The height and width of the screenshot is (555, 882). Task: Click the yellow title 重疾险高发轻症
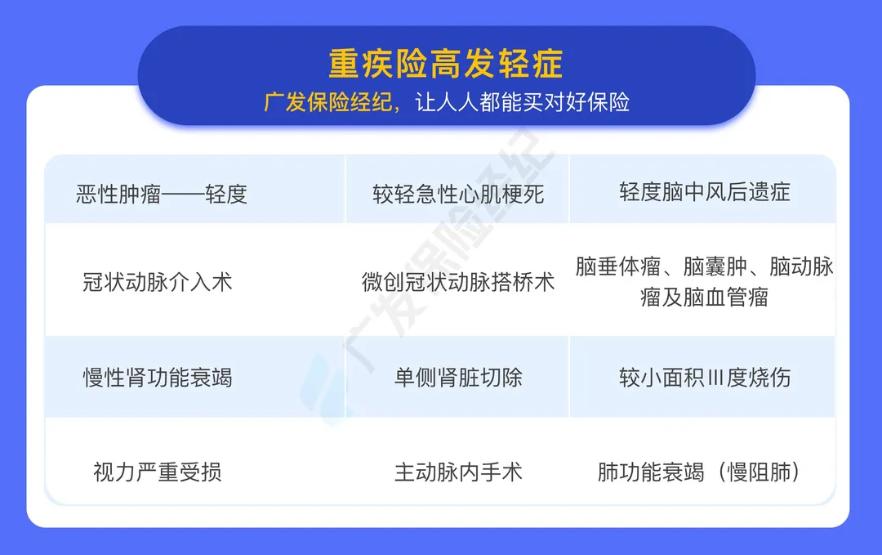click(x=446, y=63)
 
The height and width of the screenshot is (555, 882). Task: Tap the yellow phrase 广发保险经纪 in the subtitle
click(x=328, y=102)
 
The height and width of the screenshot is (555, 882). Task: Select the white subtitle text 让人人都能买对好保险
click(x=523, y=102)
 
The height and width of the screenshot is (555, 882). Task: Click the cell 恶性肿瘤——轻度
click(x=162, y=195)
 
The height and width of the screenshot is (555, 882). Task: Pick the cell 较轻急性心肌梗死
click(x=458, y=195)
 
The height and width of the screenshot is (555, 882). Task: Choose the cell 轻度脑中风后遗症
click(x=705, y=192)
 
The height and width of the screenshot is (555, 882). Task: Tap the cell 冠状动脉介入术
click(x=158, y=282)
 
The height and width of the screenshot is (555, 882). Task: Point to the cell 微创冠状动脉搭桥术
click(x=458, y=282)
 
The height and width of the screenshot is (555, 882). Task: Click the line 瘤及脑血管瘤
click(x=704, y=298)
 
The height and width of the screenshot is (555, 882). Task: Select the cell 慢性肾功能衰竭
click(x=158, y=377)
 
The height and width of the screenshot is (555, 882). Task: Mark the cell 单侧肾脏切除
click(x=458, y=377)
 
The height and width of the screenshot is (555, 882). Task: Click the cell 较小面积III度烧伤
click(x=705, y=377)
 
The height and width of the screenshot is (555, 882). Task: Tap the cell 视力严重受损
click(x=158, y=472)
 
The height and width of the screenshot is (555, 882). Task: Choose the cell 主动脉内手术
click(x=458, y=472)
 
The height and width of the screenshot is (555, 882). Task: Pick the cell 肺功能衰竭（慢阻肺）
click(x=699, y=472)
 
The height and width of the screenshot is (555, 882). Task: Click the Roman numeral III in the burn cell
click(x=715, y=377)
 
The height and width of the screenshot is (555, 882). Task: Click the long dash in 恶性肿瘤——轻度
click(x=184, y=195)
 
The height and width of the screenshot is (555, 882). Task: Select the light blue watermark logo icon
click(x=323, y=388)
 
